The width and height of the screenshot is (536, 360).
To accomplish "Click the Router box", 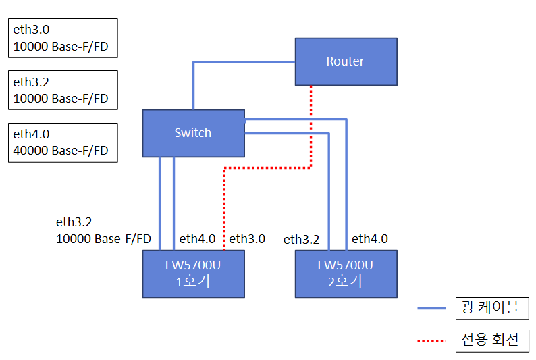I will point(345,61).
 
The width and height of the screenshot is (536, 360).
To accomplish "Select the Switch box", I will point(193,133).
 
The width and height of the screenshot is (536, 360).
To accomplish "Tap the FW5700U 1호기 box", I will point(193,274).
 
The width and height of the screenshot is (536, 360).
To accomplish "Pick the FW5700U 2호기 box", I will point(346,274).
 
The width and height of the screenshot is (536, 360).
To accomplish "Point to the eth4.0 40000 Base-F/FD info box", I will point(63,143).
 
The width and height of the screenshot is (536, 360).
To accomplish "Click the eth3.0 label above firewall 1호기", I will point(247,238).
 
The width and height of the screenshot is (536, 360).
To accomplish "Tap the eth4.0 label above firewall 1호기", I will point(197,238).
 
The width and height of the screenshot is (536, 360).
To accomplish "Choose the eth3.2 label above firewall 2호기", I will point(301,239).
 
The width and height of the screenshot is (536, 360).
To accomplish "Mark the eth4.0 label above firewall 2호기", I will point(370,238).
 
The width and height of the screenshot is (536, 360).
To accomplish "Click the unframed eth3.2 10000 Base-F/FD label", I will point(103,230).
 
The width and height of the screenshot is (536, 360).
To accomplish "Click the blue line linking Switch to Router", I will point(243,62).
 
